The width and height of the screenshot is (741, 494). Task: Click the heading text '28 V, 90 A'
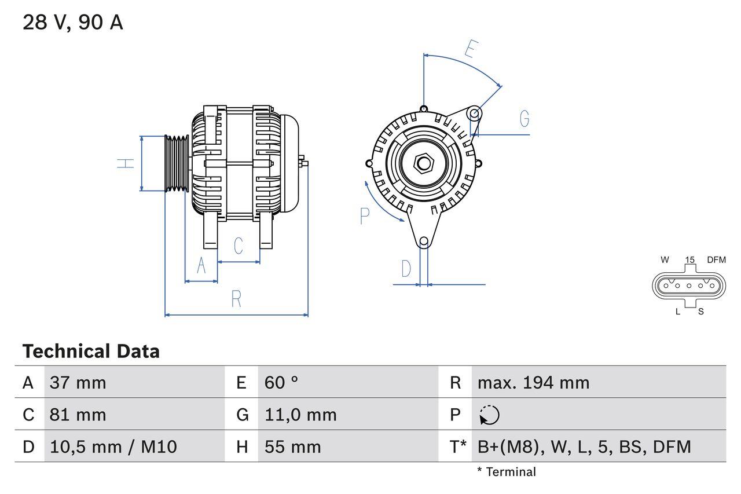73,23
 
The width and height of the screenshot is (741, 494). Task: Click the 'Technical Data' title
91,352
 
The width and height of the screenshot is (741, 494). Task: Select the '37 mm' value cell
78,382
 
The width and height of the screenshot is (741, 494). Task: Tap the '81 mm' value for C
78,415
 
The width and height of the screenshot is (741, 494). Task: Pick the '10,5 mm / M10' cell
113,447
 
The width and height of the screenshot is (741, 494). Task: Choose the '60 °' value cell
281,382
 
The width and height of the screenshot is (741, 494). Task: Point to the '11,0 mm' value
300,415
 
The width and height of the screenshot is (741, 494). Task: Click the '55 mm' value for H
292,447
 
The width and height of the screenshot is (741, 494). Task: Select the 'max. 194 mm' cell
533,382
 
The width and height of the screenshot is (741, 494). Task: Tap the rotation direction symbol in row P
489,415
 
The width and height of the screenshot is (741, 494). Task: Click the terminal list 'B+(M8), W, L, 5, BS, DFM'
584,447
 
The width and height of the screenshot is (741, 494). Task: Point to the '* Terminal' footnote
507,472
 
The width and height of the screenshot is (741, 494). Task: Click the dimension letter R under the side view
236,299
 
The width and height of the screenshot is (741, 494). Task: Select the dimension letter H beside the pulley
126,163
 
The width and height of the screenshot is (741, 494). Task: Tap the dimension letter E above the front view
470,50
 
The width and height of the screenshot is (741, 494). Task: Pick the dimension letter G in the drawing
524,119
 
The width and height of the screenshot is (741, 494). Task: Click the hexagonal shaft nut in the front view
424,163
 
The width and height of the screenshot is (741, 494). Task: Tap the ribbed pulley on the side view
177,163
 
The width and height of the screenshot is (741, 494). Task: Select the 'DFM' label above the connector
716,260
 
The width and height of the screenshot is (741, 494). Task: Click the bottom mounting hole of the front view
424,241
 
